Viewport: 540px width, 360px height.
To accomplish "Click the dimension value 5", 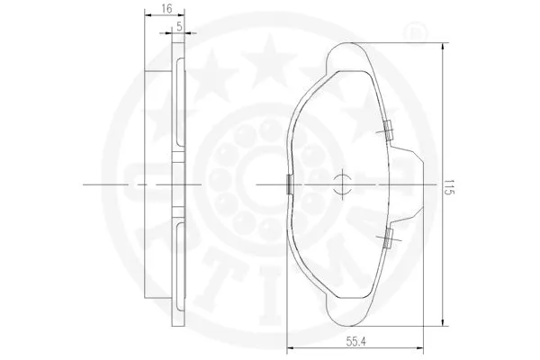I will pos(181,26).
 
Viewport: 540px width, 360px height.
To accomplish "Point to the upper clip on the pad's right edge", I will pos(386,130).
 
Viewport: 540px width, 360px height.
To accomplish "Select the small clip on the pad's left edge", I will pos(287,184).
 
